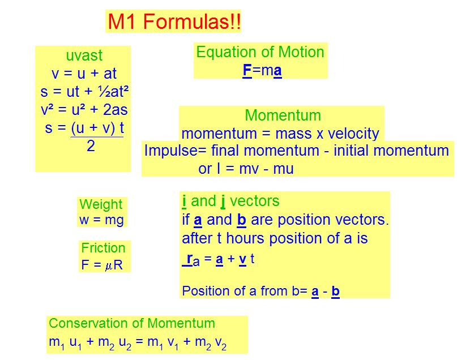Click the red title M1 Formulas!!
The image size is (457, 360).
[174, 22]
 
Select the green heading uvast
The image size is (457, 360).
[84, 55]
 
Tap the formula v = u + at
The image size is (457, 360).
[84, 74]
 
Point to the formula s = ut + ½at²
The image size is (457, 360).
[84, 92]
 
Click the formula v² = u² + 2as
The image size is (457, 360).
[84, 110]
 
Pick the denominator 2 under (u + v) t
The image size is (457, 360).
[91, 145]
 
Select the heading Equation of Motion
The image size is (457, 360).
[260, 52]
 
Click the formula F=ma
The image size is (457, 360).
[262, 71]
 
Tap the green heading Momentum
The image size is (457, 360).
[283, 115]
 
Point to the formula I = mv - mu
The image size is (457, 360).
[255, 169]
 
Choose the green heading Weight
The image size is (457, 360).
[101, 204]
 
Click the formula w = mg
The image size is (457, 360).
[101, 220]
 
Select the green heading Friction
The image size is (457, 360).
[103, 248]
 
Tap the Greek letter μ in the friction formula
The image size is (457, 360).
[108, 266]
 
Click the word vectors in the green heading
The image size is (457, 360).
[254, 201]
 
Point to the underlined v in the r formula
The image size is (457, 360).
[242, 259]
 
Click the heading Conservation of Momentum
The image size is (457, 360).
[132, 323]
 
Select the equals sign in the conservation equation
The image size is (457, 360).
[139, 341]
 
